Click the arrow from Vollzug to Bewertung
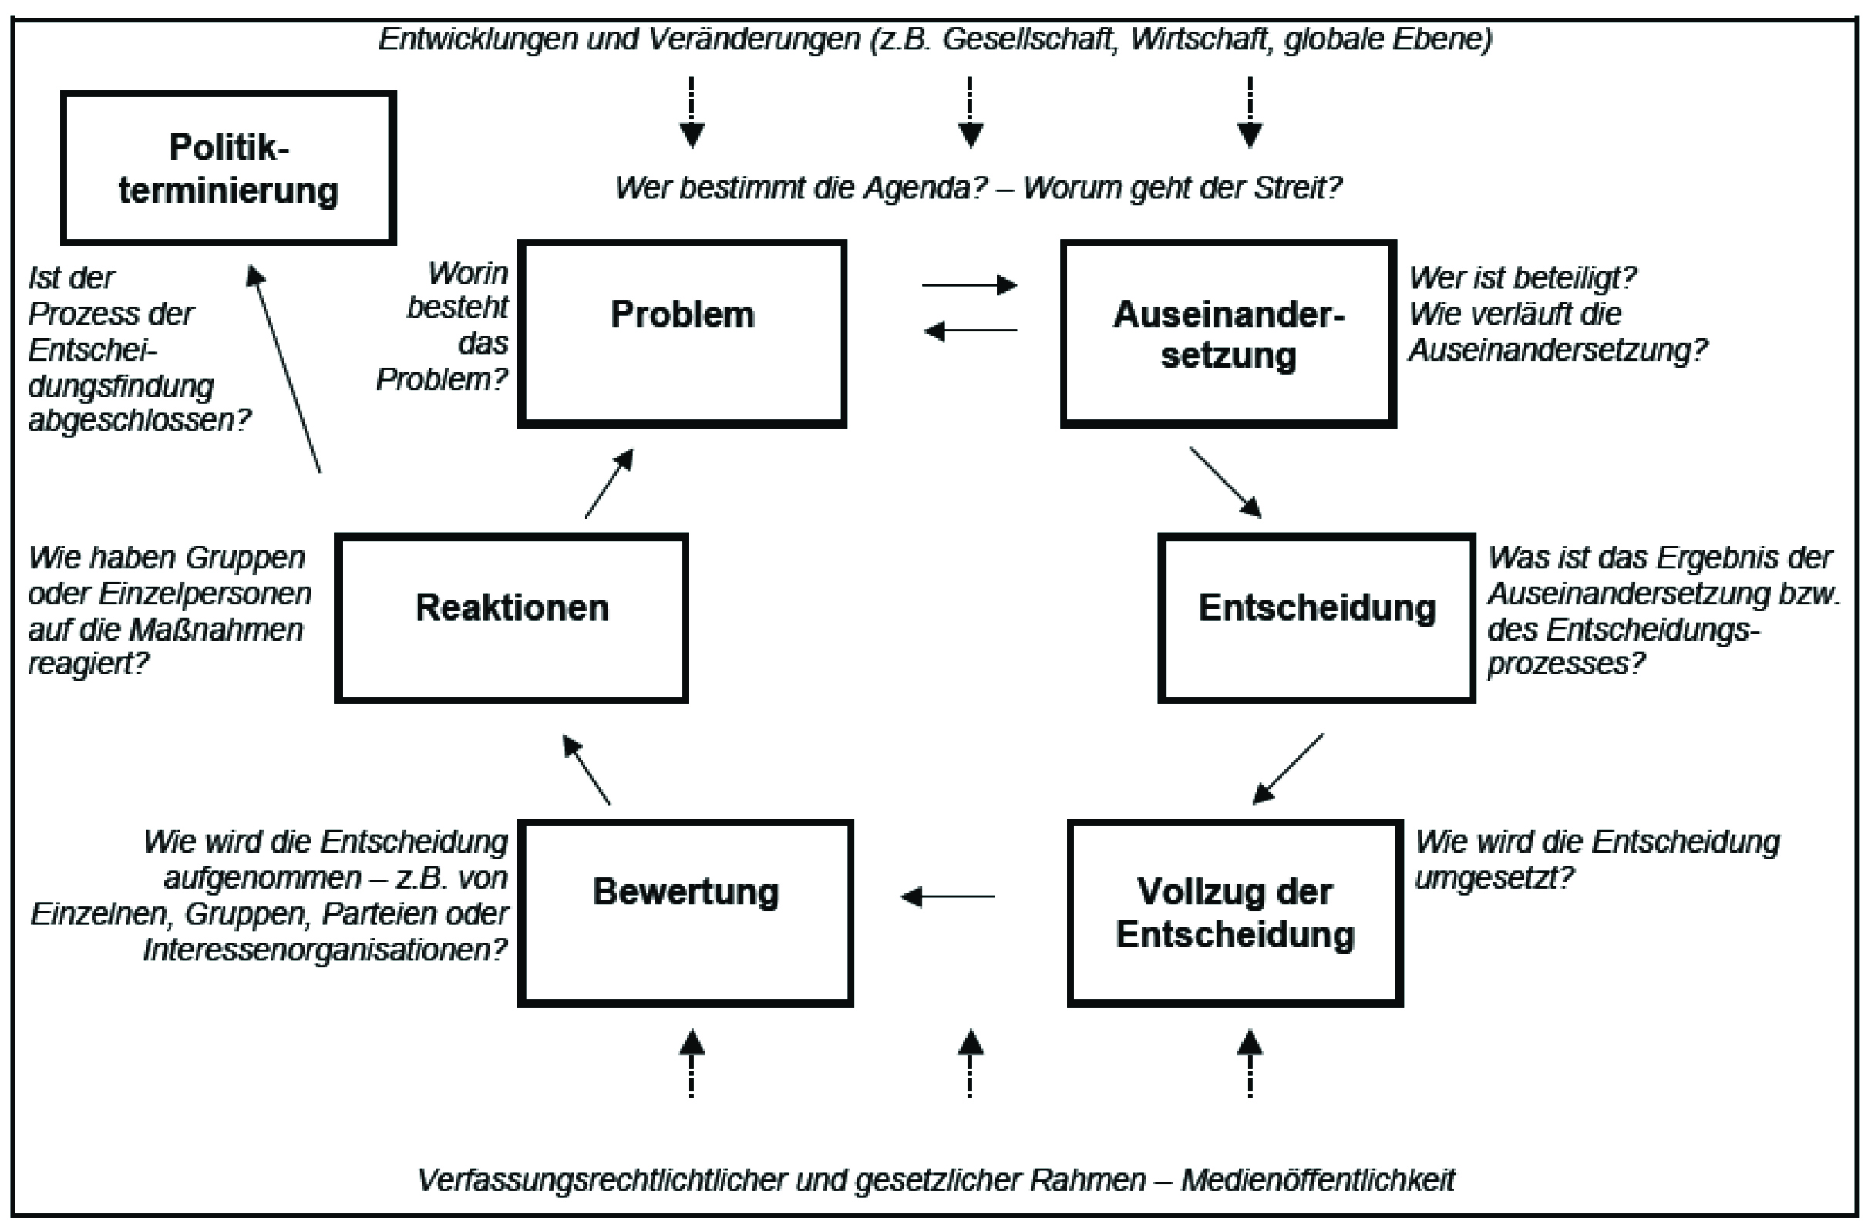947,896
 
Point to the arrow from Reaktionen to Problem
609,483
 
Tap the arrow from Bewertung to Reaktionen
587,769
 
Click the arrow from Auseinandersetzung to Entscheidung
1226,483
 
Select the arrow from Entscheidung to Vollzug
1287,769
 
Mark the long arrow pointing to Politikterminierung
284,368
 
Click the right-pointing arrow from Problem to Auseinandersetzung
970,284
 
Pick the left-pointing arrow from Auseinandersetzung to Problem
970,331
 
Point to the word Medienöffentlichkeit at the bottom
1318,1180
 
